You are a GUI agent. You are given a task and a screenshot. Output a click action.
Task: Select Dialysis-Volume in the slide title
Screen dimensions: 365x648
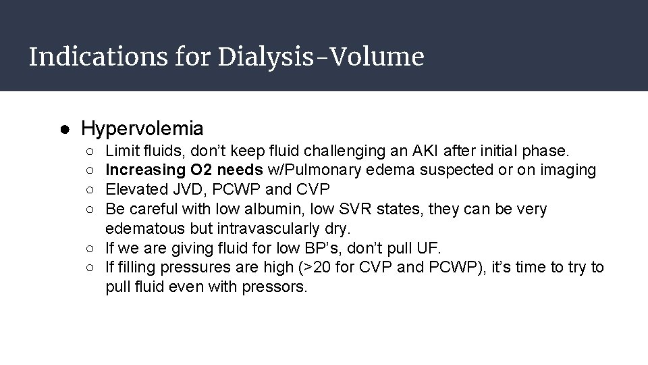[321, 57]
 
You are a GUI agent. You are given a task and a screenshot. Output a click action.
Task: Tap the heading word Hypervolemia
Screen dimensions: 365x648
[142, 128]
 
